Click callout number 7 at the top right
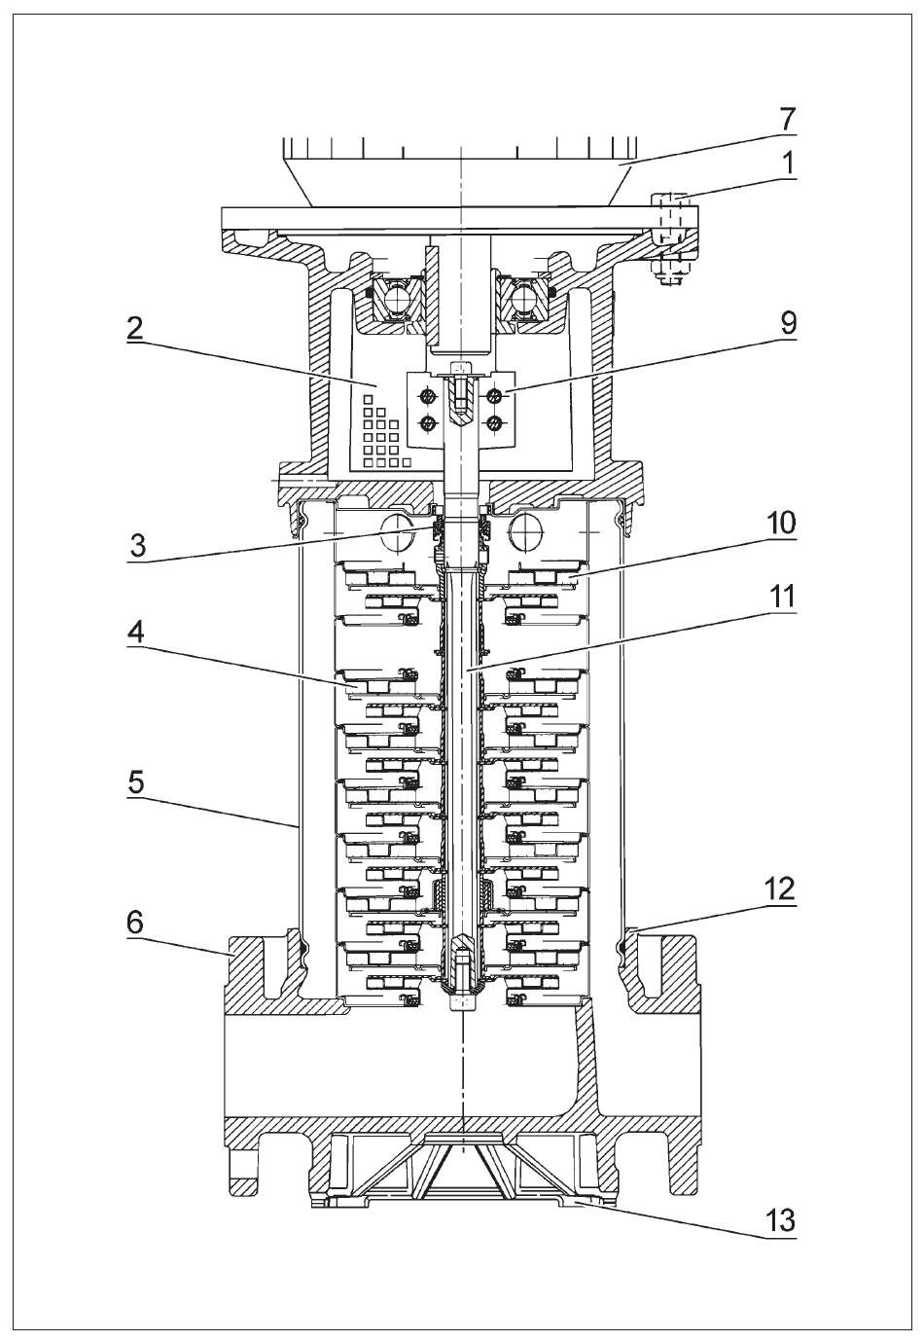pos(786,120)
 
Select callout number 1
pos(788,162)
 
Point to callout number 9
pos(788,324)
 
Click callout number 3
pos(137,546)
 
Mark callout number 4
pos(136,633)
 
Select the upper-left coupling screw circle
pos(428,395)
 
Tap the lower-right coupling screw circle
pos(494,423)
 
